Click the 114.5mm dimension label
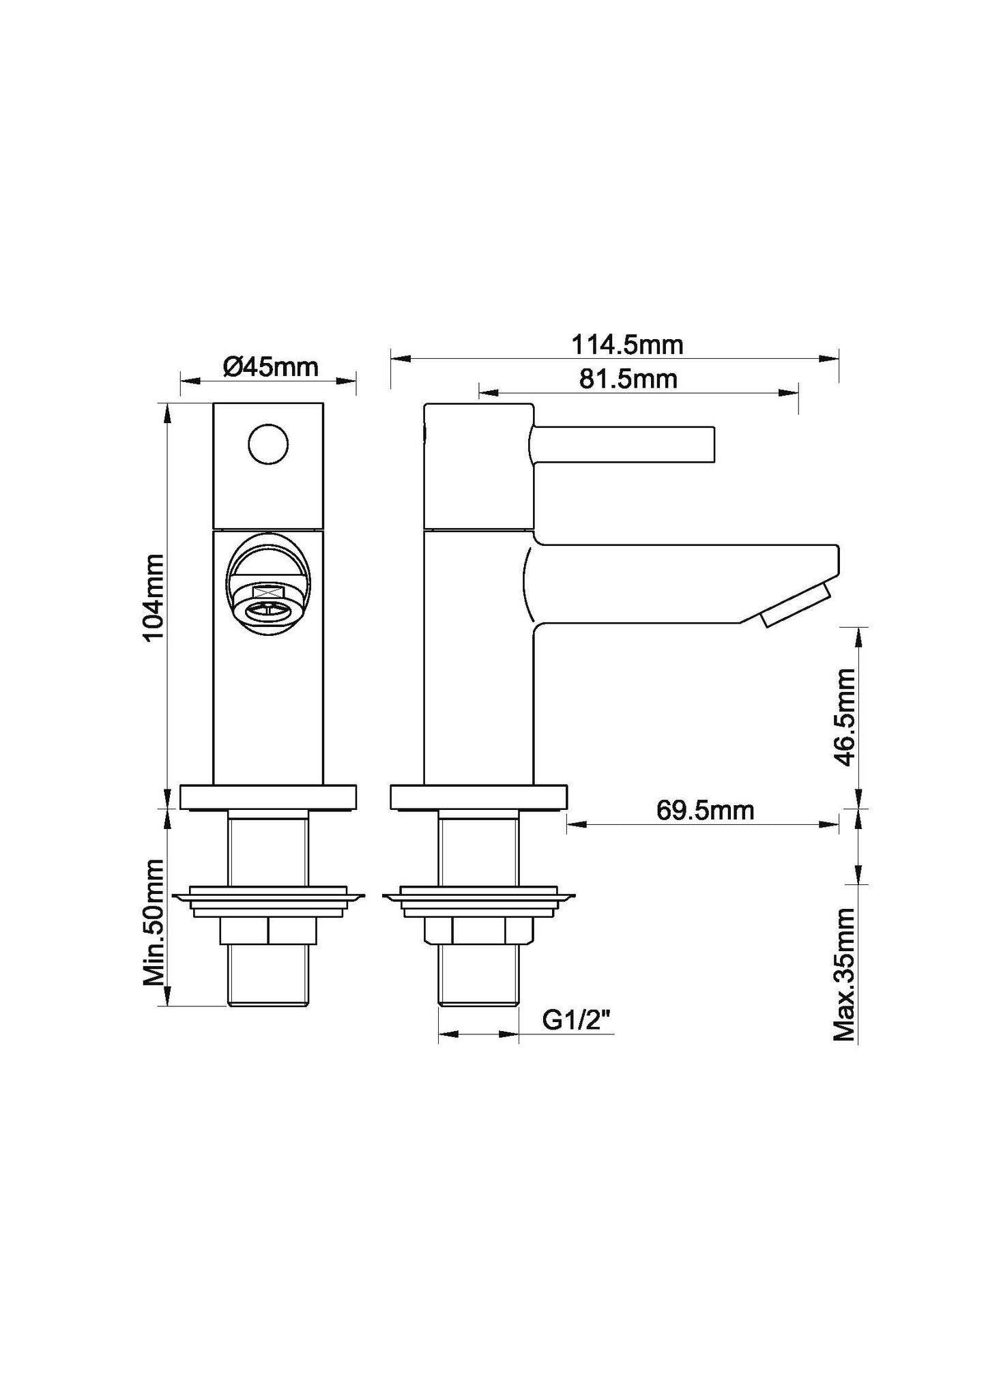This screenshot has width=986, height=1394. click(x=626, y=345)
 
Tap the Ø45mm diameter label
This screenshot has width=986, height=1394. click(x=270, y=367)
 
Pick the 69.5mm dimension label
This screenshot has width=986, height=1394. click(x=705, y=811)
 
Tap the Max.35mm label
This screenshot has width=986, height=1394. click(x=845, y=984)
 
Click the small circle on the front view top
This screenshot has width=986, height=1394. click(x=267, y=444)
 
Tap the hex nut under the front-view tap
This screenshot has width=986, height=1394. click(x=268, y=931)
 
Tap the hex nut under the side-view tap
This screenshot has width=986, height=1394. click(x=478, y=931)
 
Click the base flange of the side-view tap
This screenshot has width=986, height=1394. click(x=478, y=797)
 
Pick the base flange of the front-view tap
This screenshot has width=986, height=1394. click(x=268, y=797)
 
